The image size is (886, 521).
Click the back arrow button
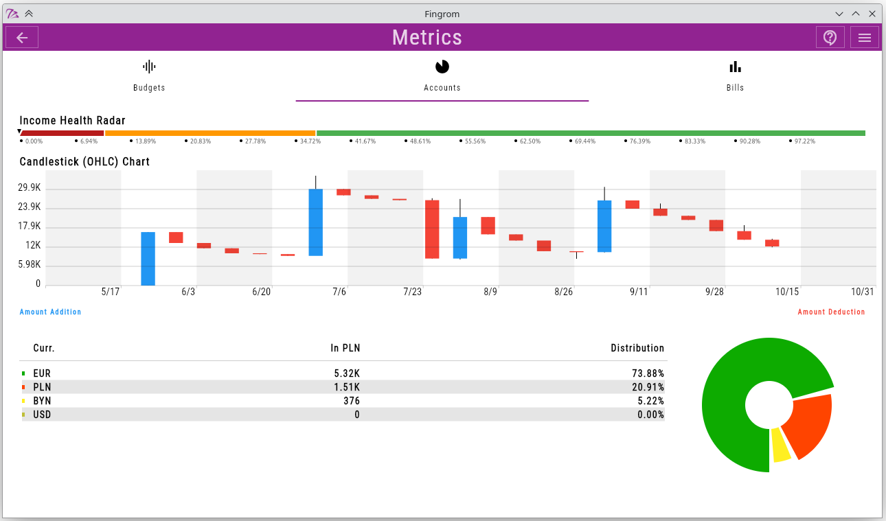click(22, 37)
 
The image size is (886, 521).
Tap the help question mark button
click(830, 37)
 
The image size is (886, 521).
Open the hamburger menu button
click(865, 37)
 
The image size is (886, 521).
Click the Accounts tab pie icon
click(442, 67)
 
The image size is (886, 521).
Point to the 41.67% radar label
click(365, 141)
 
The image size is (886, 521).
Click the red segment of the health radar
click(62, 133)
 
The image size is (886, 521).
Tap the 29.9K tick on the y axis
click(30, 188)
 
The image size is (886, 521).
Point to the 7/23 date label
click(412, 292)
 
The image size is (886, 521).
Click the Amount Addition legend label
click(50, 312)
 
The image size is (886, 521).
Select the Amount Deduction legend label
click(831, 312)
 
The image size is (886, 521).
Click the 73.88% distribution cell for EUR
click(648, 373)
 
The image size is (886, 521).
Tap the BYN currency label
click(42, 401)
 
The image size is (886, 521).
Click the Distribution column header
click(637, 348)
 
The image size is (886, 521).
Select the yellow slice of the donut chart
click(780, 445)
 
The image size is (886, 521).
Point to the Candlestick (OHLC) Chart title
click(84, 162)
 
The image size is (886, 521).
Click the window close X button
click(872, 14)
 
